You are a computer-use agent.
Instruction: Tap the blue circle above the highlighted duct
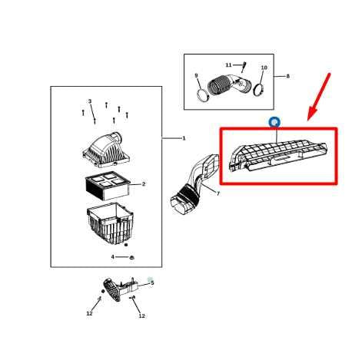[x=274, y=122]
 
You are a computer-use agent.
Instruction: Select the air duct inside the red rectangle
[x=281, y=154]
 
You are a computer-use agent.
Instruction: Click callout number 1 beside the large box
[x=184, y=138]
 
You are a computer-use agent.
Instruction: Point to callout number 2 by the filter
[x=143, y=184]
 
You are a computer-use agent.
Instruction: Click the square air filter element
[x=106, y=184]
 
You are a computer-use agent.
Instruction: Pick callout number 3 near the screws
[x=89, y=101]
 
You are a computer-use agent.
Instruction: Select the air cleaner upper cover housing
[x=104, y=150]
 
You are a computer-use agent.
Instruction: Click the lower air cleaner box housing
[x=108, y=223]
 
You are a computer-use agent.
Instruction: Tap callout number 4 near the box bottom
[x=112, y=257]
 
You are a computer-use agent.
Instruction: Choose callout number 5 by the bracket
[x=152, y=282]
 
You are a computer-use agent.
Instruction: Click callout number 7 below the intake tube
[x=218, y=193]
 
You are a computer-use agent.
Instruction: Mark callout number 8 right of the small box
[x=287, y=76]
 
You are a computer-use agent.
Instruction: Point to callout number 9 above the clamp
[x=196, y=75]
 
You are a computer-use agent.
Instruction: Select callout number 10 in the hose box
[x=264, y=68]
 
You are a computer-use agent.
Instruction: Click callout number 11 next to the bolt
[x=228, y=65]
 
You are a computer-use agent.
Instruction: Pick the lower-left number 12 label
[x=89, y=313]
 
